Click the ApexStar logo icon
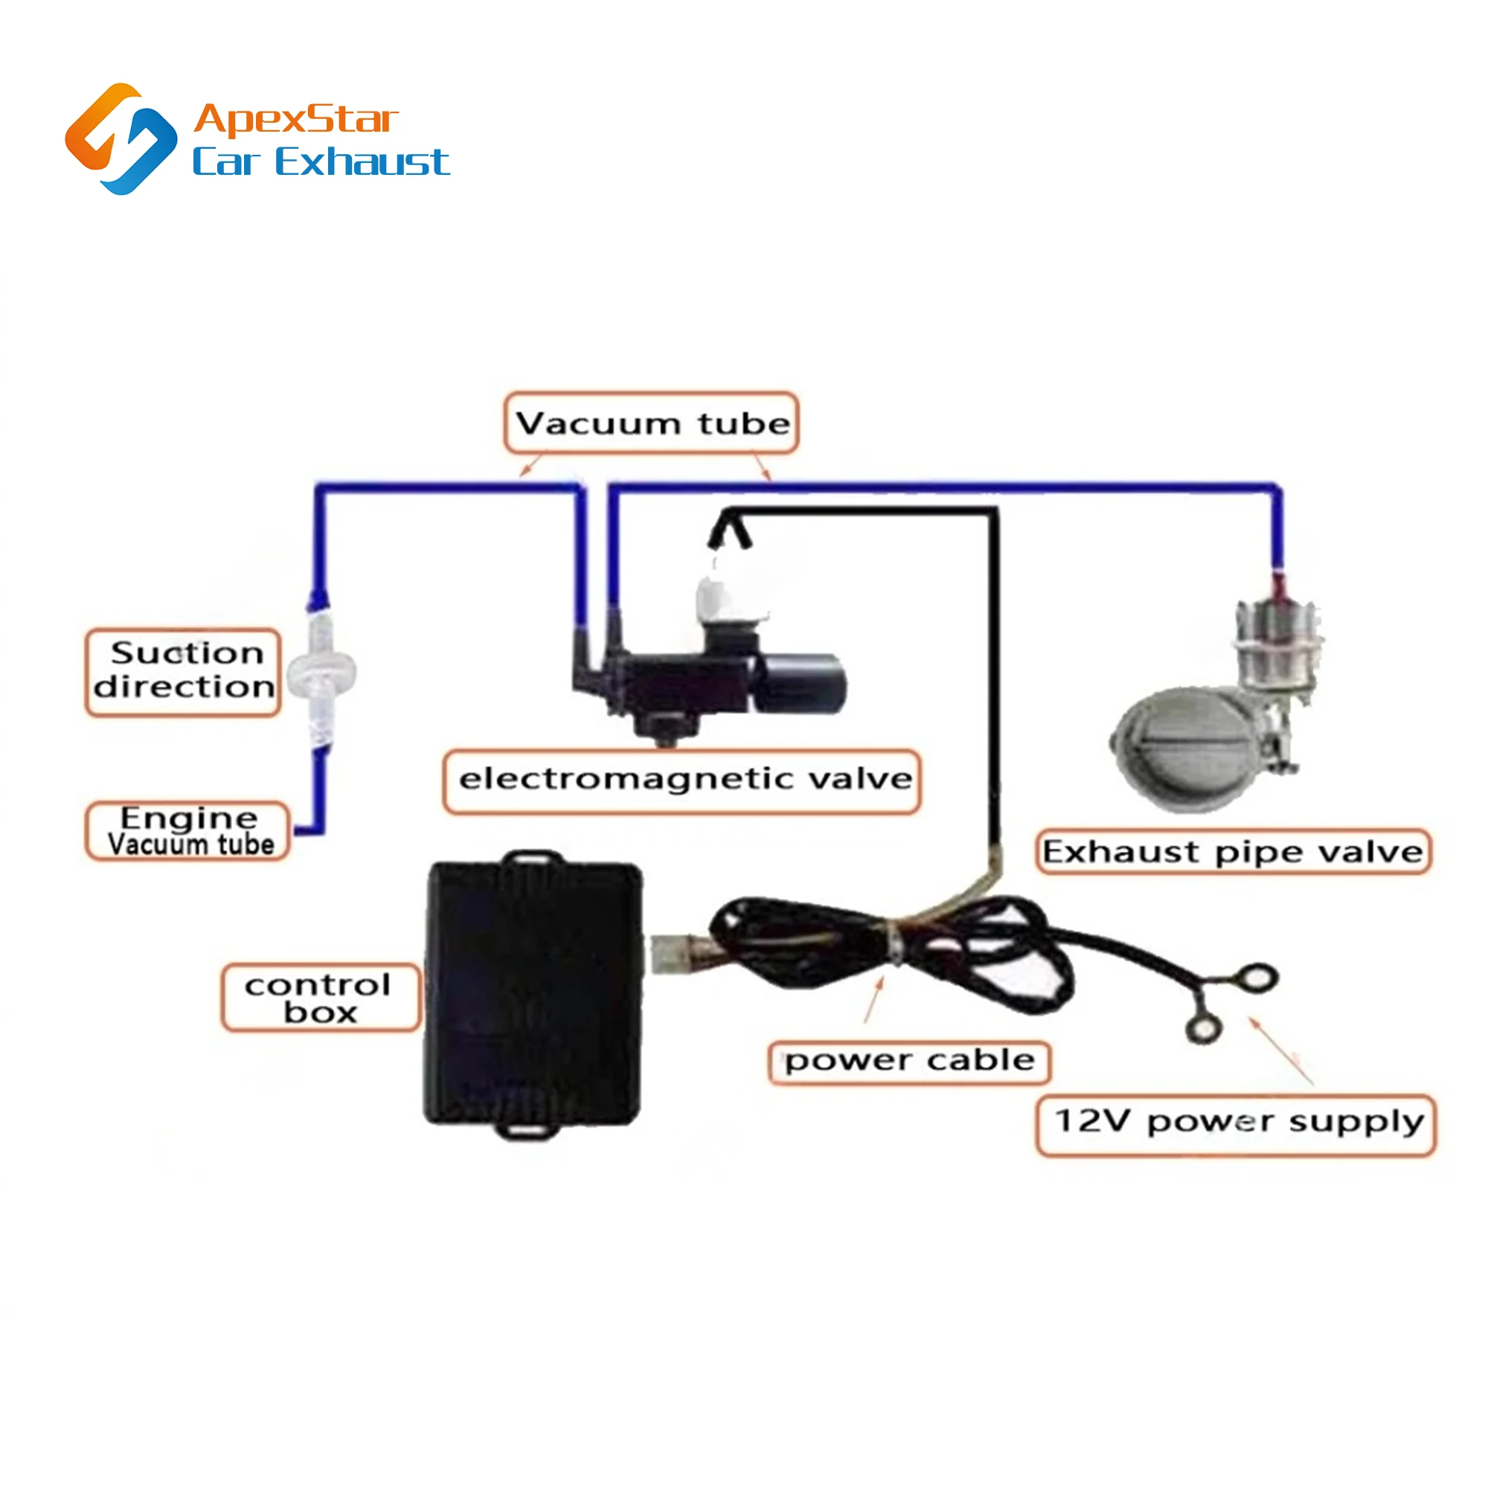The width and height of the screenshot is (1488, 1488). point(122,138)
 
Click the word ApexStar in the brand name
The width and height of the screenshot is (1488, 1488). point(296,119)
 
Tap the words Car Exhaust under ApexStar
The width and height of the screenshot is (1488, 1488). point(321,162)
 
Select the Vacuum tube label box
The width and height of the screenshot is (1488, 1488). point(652,423)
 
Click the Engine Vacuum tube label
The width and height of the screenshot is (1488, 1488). point(188,831)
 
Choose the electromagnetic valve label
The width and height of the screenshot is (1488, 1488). point(682,780)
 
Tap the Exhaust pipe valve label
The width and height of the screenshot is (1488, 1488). point(1232,852)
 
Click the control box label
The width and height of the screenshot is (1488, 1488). point(321,998)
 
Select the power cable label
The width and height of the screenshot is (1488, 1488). point(910,1062)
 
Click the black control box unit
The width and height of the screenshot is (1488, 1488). point(533,993)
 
